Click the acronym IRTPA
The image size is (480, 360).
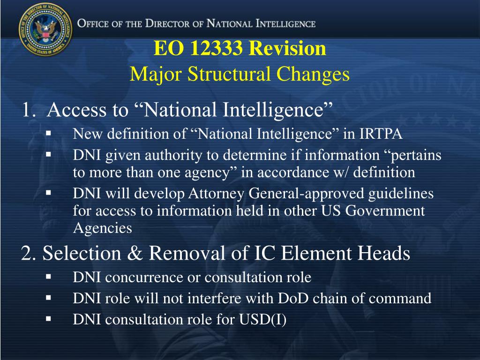point(381,134)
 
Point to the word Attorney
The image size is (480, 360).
point(216,194)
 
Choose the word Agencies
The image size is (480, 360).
point(103,228)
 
